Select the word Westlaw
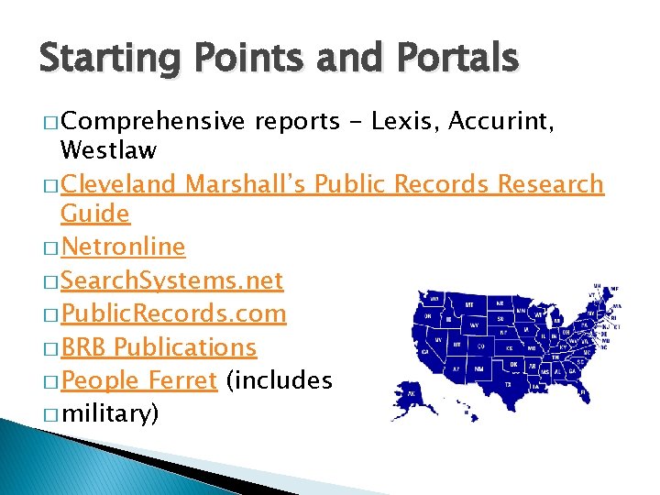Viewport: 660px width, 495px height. click(107, 149)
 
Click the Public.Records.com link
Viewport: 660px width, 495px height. click(173, 313)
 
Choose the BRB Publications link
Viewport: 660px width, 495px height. click(159, 347)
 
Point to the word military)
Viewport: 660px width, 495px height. click(109, 414)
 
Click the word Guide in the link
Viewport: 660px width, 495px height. click(94, 214)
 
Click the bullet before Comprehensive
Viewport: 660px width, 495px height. click(49, 122)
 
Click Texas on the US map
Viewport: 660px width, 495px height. click(508, 383)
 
